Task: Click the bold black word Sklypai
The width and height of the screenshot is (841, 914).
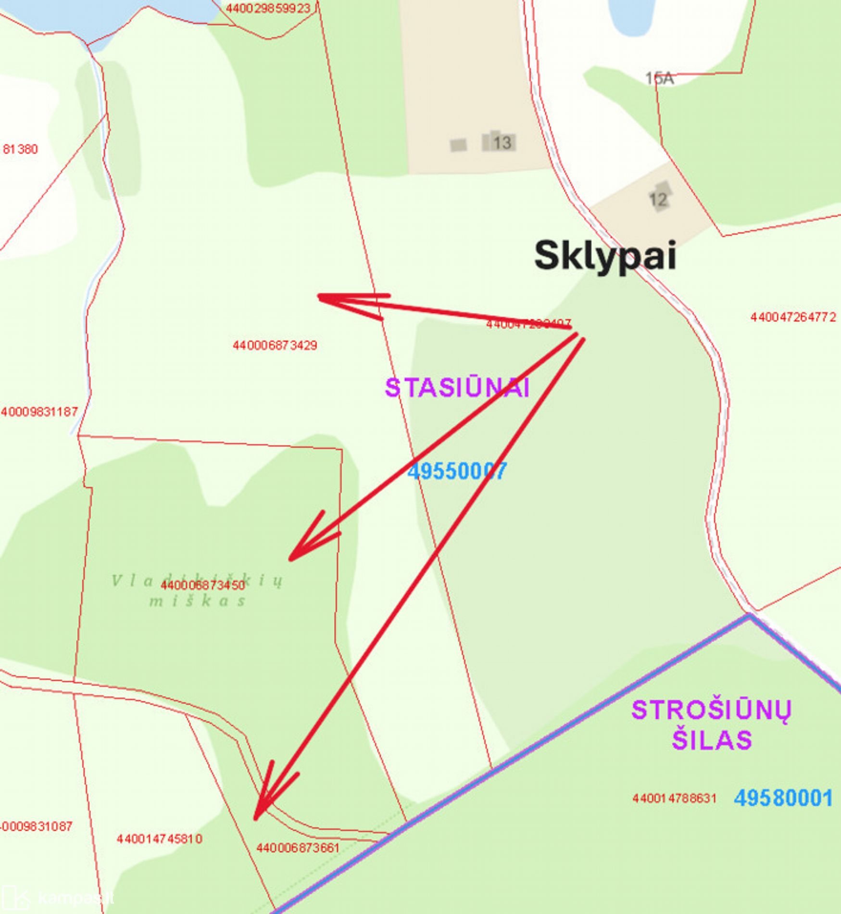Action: tap(605, 256)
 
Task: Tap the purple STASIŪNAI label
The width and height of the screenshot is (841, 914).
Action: tap(457, 388)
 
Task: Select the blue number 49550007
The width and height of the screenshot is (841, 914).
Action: tap(457, 471)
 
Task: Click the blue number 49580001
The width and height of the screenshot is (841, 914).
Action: tap(783, 798)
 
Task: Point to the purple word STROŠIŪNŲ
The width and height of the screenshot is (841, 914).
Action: tap(711, 711)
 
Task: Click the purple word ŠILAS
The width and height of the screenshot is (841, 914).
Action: tap(711, 739)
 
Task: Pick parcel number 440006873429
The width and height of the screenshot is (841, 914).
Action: tap(275, 345)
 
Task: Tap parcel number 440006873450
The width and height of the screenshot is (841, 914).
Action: tap(202, 585)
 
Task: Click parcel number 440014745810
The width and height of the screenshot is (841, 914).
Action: tap(159, 839)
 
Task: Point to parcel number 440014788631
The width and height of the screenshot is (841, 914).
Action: tap(674, 799)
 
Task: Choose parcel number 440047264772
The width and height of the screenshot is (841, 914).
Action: tap(793, 317)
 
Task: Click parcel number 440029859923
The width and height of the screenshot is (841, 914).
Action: tap(268, 8)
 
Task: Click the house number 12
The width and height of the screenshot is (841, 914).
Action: tap(658, 199)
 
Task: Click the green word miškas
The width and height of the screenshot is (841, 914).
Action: tap(197, 601)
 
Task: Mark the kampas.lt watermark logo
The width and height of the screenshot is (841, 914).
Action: tap(58, 898)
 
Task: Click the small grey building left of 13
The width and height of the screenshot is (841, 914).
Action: tap(458, 144)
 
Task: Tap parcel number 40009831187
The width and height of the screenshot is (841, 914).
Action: tap(39, 412)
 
